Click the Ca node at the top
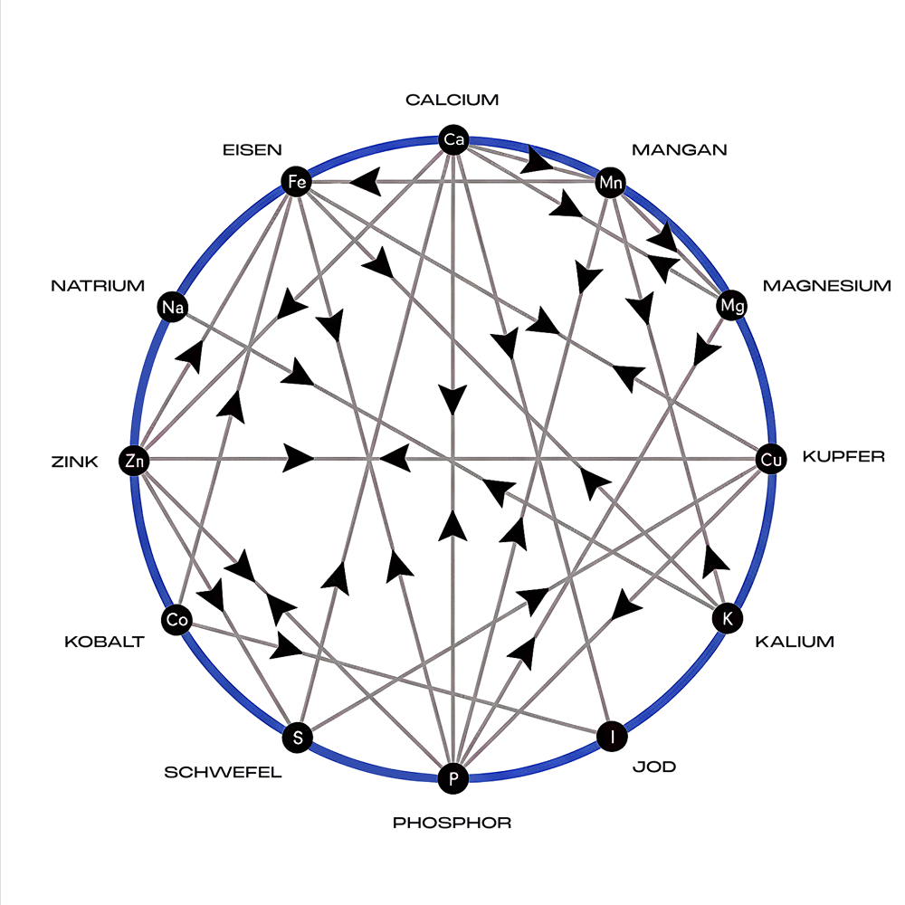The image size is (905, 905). [452, 139]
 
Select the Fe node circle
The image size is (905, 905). [296, 182]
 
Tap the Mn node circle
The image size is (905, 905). [611, 183]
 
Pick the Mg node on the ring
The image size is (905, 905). [731, 307]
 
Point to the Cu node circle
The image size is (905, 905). [770, 460]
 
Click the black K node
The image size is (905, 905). [724, 619]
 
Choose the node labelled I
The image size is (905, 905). [613, 737]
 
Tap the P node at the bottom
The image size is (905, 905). [452, 777]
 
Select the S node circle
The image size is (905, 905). [298, 738]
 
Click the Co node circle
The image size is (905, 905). [176, 620]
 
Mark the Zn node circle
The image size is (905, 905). [134, 461]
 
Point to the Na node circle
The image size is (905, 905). [172, 308]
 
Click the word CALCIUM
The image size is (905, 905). [452, 100]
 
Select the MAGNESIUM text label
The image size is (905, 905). [826, 286]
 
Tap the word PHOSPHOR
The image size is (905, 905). [452, 823]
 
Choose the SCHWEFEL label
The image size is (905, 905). [223, 772]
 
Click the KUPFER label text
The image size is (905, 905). [843, 456]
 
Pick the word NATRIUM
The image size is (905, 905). [98, 286]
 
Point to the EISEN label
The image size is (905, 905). [252, 149]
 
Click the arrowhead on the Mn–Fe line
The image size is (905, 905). [365, 183]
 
